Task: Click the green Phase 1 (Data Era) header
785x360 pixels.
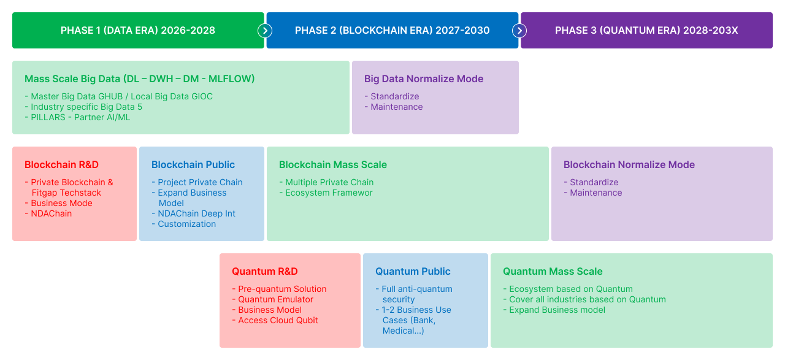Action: pos(138,31)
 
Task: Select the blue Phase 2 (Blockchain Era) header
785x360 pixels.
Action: pos(392,31)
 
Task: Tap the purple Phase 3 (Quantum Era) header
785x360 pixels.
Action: pos(646,31)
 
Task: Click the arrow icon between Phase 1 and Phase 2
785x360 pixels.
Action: pos(265,31)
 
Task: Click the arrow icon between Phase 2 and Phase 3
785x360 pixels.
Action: pos(519,31)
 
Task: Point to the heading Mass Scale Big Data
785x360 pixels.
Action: pos(139,79)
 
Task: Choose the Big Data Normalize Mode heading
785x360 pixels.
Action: pos(424,79)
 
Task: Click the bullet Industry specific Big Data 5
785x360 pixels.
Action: pos(84,107)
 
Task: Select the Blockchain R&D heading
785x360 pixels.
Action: pos(62,165)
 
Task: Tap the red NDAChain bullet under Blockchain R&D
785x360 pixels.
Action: pos(48,213)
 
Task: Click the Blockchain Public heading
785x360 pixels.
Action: pos(193,165)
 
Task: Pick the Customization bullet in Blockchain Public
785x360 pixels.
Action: pos(184,224)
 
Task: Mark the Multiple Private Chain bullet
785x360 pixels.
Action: pos(327,182)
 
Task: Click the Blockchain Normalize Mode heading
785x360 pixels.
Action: pos(629,165)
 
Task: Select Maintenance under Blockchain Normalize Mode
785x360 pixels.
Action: pos(593,193)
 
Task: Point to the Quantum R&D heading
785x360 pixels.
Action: pos(264,271)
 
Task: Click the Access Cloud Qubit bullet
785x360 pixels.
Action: pos(275,320)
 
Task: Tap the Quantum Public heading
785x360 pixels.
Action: pos(413,271)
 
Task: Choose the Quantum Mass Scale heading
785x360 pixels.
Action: pos(553,271)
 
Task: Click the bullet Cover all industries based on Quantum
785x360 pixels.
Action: pos(584,299)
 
